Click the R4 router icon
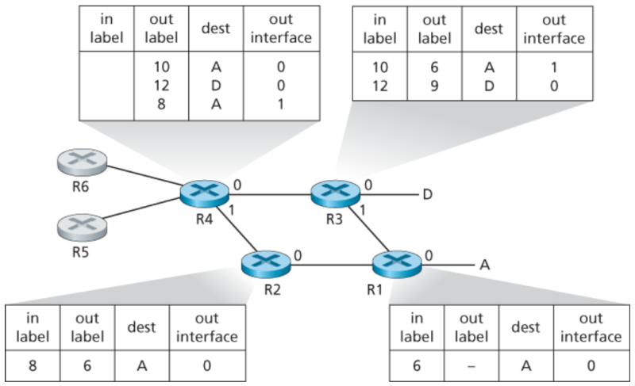203,193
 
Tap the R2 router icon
266,262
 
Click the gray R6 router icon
83,163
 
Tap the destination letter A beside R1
483,266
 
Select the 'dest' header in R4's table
216,29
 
